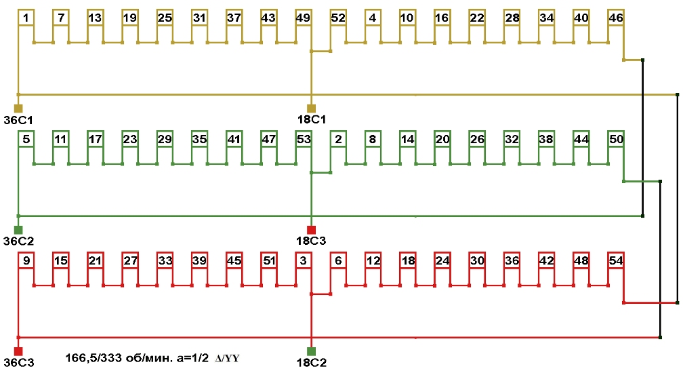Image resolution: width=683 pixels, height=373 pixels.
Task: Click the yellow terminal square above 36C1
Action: click(18, 109)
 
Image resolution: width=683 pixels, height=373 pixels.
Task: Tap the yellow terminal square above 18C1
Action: click(312, 109)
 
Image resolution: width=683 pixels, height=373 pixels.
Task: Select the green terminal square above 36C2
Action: click(18, 230)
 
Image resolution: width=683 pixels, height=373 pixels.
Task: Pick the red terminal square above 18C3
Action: click(312, 230)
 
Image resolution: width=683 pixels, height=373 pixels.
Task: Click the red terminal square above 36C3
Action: click(18, 351)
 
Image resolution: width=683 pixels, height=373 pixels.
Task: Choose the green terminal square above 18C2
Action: click(312, 351)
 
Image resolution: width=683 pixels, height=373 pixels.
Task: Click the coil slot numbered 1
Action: click(26, 18)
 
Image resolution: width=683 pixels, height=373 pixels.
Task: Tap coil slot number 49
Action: click(304, 18)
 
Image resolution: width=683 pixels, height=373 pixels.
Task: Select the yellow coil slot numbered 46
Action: click(616, 18)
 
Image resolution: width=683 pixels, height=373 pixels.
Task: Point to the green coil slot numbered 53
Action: click(304, 139)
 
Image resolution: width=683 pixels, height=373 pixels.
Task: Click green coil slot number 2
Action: click(338, 139)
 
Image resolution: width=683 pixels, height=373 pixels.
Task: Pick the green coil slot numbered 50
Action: click(616, 139)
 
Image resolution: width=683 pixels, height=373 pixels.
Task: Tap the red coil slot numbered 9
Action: click(26, 260)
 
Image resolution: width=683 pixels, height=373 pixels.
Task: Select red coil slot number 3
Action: click(304, 260)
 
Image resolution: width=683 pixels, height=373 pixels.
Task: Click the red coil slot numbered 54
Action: click(616, 260)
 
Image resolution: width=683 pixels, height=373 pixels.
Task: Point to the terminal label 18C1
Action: click(312, 120)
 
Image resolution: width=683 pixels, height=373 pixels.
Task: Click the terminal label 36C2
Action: click(19, 241)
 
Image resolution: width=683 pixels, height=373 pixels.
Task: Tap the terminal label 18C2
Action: click(312, 363)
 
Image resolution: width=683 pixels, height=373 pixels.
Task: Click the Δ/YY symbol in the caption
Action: click(227, 357)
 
